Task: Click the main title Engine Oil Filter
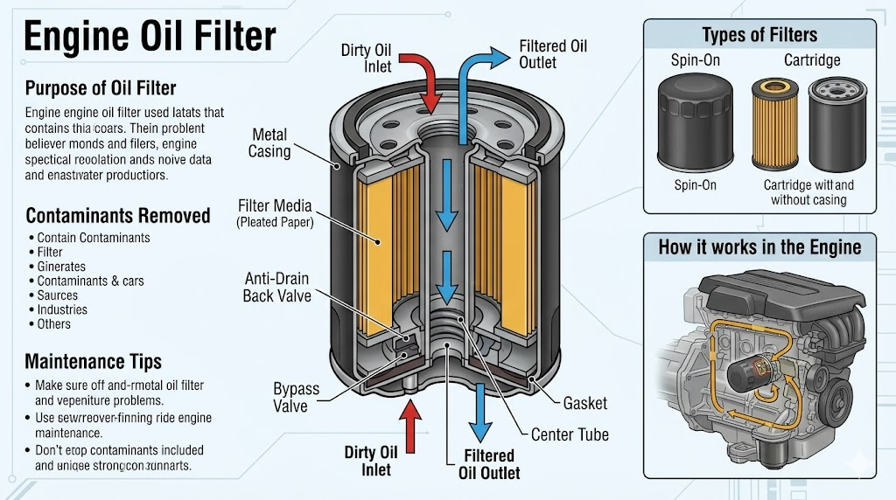pyautogui.click(x=149, y=37)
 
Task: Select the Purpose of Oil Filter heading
pyautogui.click(x=101, y=88)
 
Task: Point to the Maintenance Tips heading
pyautogui.click(x=93, y=360)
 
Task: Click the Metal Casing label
pyautogui.click(x=269, y=143)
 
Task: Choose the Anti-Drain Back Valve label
pyautogui.click(x=276, y=287)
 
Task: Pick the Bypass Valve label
pyautogui.click(x=296, y=397)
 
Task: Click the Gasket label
pyautogui.click(x=584, y=404)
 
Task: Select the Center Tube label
pyautogui.click(x=570, y=434)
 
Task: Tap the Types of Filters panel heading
pyautogui.click(x=759, y=35)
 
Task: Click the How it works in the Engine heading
pyautogui.click(x=759, y=247)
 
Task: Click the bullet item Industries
pyautogui.click(x=62, y=309)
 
